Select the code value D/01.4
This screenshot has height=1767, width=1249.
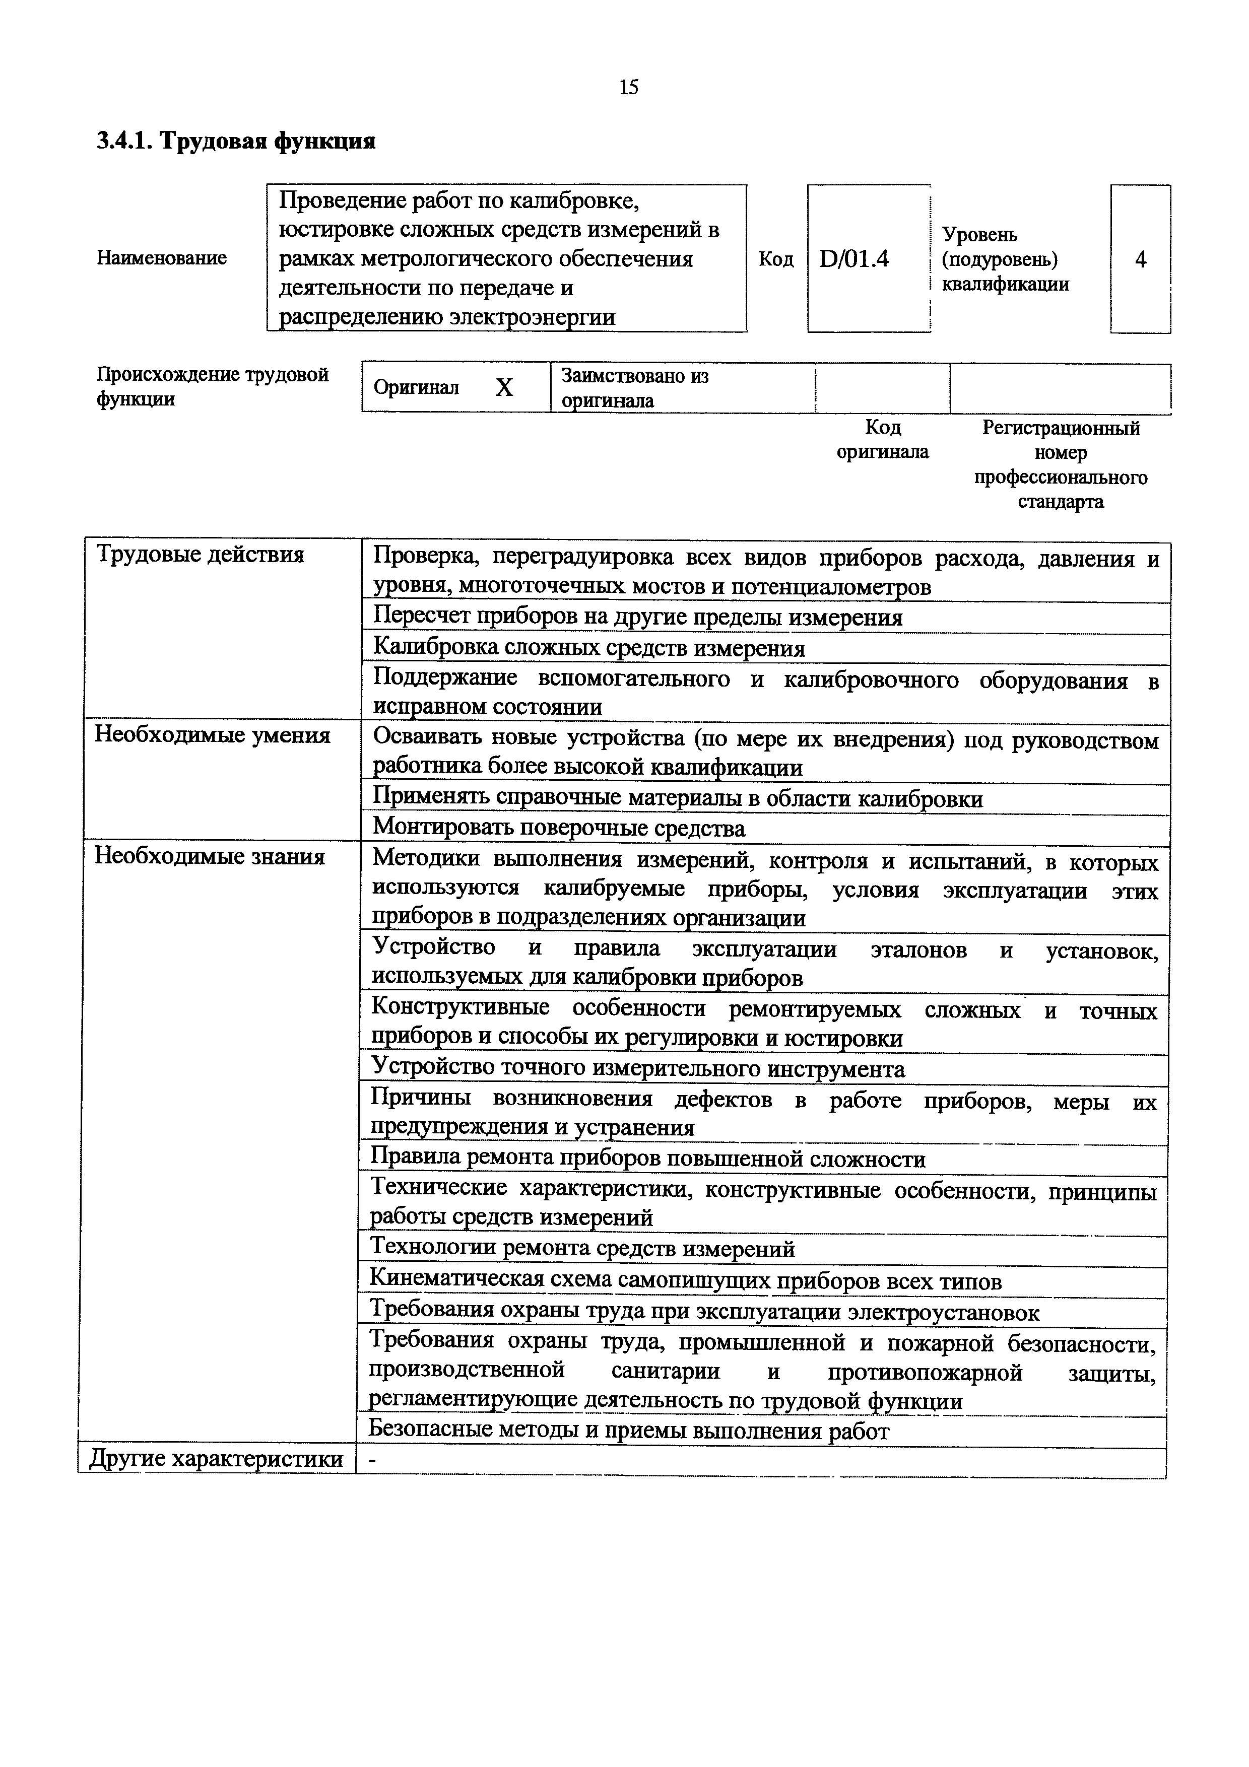(x=853, y=259)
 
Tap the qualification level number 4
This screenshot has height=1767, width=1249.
(x=1141, y=260)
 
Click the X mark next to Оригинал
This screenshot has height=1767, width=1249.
(x=503, y=388)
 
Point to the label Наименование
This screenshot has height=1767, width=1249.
(x=162, y=258)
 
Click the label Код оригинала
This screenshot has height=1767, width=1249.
(x=883, y=439)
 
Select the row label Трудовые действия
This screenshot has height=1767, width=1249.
(x=200, y=555)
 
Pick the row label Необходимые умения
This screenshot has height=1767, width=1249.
(x=213, y=736)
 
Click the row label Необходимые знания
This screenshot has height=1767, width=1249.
(x=209, y=857)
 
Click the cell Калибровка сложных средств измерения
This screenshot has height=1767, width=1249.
(x=588, y=649)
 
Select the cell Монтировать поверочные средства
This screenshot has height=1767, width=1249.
(x=559, y=829)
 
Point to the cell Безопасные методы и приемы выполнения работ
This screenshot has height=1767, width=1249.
(x=629, y=1430)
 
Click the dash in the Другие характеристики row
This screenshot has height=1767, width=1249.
(x=372, y=1460)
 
